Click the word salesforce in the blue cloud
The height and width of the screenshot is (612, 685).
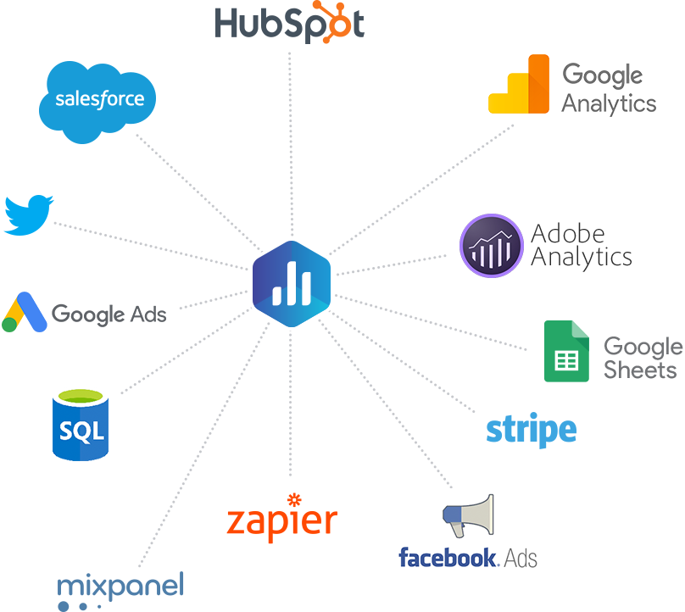(x=99, y=99)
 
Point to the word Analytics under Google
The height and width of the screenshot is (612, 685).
(x=609, y=104)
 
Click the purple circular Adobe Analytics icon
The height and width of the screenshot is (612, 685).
(x=489, y=245)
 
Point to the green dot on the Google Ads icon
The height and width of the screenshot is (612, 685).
(x=10, y=324)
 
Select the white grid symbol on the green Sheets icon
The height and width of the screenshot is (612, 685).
(x=565, y=360)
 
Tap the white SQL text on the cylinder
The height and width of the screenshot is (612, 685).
(x=81, y=431)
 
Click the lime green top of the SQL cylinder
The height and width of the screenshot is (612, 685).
(x=81, y=396)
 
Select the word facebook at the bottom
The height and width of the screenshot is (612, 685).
(x=447, y=558)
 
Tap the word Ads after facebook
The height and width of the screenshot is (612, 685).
(x=520, y=558)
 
